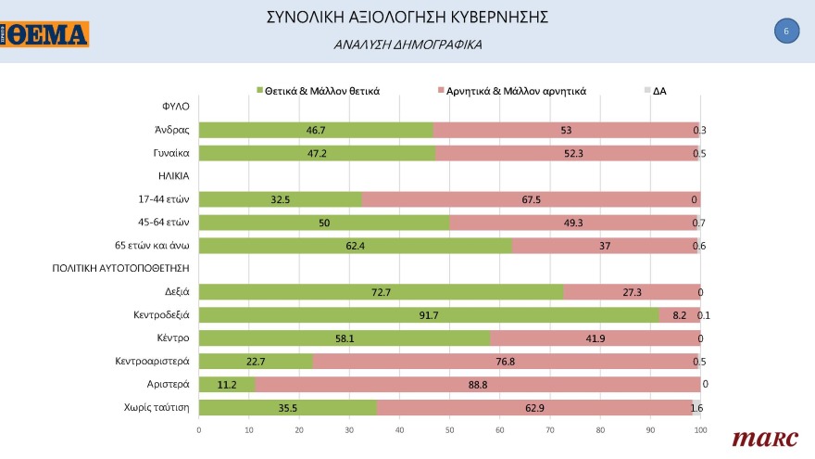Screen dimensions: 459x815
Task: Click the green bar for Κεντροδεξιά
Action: tap(429, 315)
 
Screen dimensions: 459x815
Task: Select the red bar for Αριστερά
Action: tap(477, 384)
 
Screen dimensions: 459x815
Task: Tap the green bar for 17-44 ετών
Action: tap(280, 199)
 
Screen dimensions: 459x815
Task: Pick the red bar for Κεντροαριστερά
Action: tap(505, 362)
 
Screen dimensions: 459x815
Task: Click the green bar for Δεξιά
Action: tap(381, 292)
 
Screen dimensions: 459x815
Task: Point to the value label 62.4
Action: tap(355, 246)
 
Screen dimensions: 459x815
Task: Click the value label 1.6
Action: tap(698, 407)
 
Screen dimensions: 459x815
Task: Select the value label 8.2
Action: tap(679, 315)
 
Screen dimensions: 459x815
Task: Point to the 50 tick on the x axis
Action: tap(450, 430)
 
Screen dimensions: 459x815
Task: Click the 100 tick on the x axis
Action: tap(700, 430)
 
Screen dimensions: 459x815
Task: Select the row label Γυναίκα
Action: tap(172, 153)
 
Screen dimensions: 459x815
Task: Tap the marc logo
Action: tap(759, 439)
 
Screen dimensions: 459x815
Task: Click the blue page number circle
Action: tap(785, 31)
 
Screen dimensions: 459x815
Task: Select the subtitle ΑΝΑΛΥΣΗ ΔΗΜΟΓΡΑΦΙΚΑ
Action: tap(407, 44)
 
